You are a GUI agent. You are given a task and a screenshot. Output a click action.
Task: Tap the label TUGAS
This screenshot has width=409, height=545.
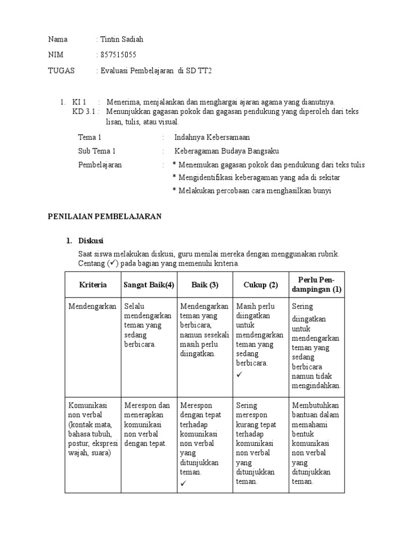click(x=61, y=70)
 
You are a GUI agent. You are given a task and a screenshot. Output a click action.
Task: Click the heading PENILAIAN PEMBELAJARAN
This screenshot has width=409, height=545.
click(x=105, y=216)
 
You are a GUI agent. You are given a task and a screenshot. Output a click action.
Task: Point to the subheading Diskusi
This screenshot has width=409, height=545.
click(x=91, y=241)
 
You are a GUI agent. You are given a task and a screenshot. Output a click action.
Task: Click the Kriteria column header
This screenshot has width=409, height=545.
click(x=93, y=285)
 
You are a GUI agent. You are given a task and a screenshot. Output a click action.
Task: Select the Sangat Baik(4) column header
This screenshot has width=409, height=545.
click(x=149, y=285)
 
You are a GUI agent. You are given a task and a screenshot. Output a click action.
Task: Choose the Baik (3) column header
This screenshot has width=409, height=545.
click(x=205, y=285)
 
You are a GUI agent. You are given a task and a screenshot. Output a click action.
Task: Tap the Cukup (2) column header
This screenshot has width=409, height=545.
click(x=261, y=285)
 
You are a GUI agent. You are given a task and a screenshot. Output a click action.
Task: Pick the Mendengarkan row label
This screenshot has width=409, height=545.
click(x=92, y=306)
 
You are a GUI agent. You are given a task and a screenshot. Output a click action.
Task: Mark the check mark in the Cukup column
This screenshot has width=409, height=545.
click(x=239, y=375)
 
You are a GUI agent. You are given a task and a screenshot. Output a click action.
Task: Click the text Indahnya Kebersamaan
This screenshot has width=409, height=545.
click(x=211, y=137)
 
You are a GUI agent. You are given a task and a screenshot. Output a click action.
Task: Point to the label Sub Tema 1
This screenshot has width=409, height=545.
click(x=96, y=151)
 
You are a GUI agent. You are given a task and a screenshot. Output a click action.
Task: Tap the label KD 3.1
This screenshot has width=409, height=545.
click(x=85, y=112)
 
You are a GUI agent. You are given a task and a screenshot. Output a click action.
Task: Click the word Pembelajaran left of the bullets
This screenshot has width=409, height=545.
click(x=100, y=165)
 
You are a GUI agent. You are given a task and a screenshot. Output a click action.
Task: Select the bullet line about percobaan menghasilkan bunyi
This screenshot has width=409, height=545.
click(x=251, y=191)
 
